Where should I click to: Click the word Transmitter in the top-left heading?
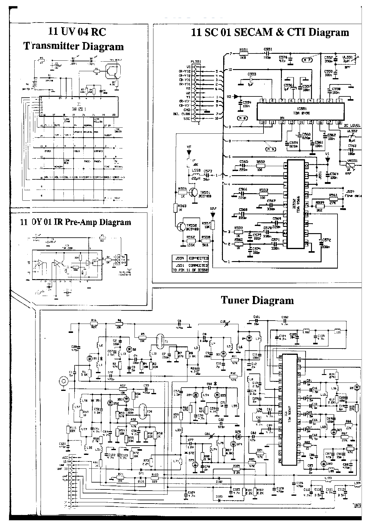pyautogui.click(x=50, y=46)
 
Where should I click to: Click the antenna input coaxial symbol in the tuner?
pyautogui.click(x=63, y=382)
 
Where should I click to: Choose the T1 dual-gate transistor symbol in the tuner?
pyautogui.click(x=162, y=340)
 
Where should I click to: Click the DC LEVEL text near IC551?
pyautogui.click(x=351, y=125)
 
